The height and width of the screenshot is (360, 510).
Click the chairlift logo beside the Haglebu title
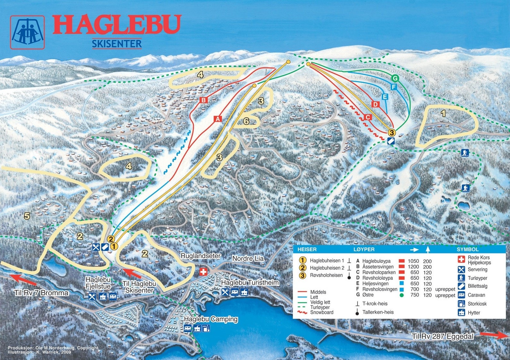pos(27,33)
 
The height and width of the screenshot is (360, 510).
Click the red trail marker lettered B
pos(203,100)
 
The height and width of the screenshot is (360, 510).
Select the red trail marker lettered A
pos(218,119)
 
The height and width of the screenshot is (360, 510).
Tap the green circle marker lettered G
pos(395,78)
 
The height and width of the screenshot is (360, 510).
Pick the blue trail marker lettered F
pos(394,87)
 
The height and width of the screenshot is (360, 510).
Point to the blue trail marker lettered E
pos(385,97)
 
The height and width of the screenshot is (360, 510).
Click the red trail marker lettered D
pos(376,104)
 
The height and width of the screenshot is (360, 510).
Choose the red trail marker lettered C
pos(368,117)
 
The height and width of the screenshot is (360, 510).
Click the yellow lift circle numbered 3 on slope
pos(391,132)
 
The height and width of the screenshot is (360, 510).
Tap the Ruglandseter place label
pos(200,256)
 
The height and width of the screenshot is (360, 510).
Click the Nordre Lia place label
pos(248,259)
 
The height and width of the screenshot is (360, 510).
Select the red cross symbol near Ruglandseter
pos(203,272)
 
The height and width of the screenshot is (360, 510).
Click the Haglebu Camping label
pos(211,319)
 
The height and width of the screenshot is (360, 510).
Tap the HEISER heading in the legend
pos(307,249)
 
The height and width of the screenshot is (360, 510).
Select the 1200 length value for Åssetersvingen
pos(413,267)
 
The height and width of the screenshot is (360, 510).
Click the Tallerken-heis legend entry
pos(378,312)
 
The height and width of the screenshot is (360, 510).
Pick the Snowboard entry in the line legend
pos(321,312)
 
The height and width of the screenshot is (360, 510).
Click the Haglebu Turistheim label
pos(250,283)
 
